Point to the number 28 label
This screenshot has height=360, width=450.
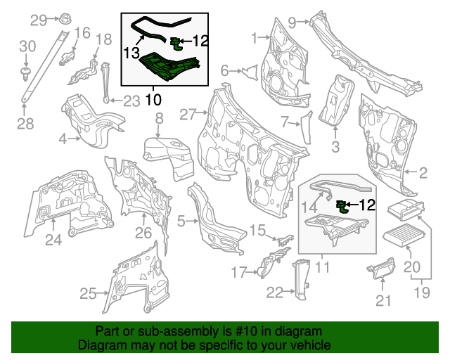pos(25,124)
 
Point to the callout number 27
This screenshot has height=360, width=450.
pos(186,114)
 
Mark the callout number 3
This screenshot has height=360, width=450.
pos(335,146)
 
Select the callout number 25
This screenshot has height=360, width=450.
pos(87,294)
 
